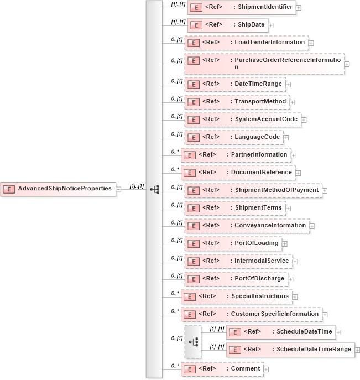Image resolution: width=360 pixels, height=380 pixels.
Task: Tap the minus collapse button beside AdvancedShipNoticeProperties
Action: (x=119, y=189)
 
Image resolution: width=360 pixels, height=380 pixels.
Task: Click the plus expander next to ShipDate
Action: (x=270, y=25)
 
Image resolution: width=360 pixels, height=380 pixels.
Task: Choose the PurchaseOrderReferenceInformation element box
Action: (x=264, y=64)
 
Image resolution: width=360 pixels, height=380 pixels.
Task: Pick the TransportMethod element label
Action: (x=260, y=102)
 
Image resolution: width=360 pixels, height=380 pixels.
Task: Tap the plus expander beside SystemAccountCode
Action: (x=304, y=119)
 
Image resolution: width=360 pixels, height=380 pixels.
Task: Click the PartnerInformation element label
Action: (x=259, y=155)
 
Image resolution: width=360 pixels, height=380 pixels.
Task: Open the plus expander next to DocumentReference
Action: (x=298, y=173)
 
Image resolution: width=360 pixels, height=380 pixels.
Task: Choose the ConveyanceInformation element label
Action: (x=270, y=226)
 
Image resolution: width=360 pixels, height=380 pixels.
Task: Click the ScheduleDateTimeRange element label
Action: (x=314, y=350)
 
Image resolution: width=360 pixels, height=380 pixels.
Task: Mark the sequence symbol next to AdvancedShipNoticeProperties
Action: (x=154, y=189)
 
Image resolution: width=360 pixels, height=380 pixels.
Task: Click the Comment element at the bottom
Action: (x=222, y=368)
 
